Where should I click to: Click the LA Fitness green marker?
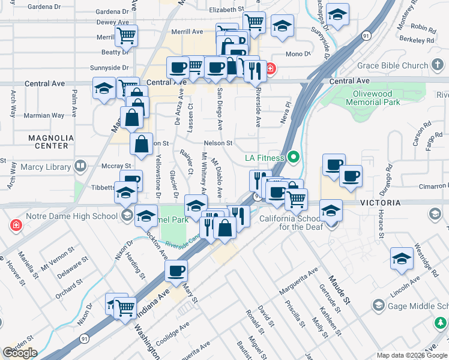point(293,158)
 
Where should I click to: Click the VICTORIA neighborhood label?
point(380,203)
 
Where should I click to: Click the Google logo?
point(20,353)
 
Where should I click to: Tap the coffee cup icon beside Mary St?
point(176,271)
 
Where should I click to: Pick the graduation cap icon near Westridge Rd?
point(402,259)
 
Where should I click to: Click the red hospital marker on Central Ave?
point(271,69)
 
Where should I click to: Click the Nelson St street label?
point(218,143)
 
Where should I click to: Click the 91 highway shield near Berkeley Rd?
point(366,35)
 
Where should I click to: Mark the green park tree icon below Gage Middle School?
point(440,324)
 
